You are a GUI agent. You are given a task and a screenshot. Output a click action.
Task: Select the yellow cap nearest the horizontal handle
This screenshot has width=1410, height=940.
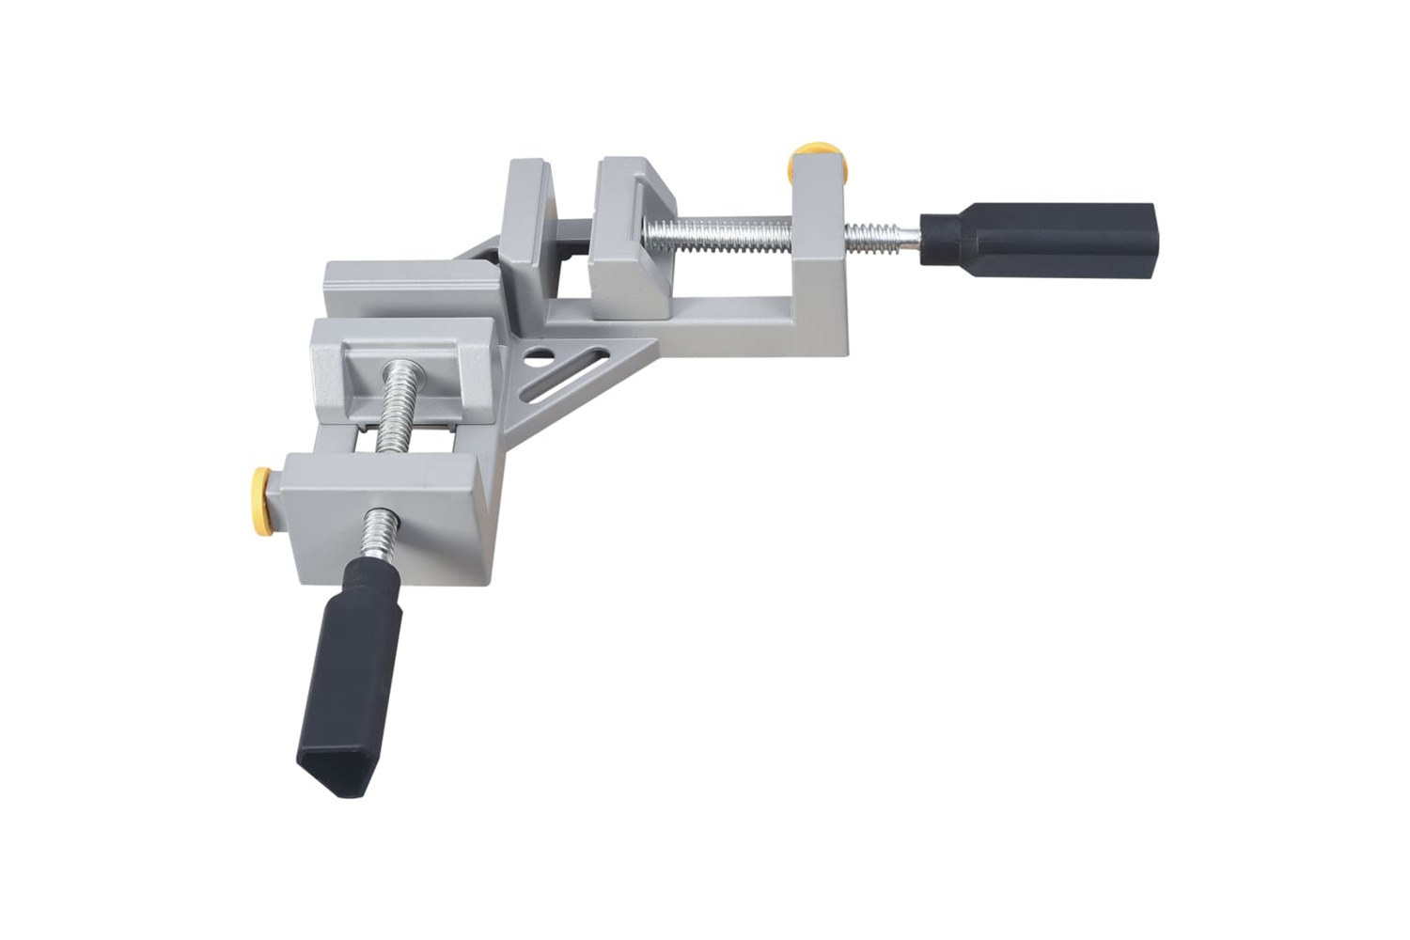(x=815, y=156)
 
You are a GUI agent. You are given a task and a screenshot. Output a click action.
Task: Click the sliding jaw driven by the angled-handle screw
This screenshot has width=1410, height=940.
(x=414, y=367)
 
